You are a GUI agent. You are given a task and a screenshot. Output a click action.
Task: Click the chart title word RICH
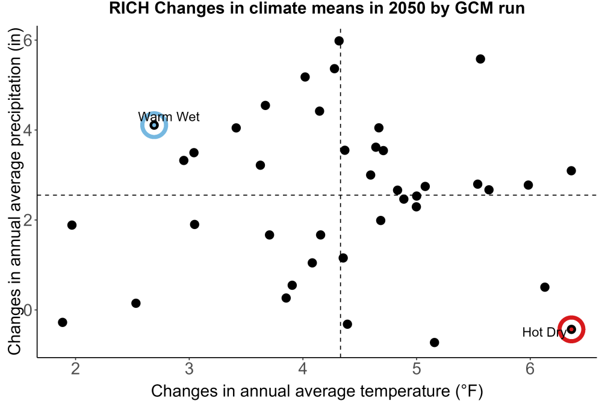pyautogui.click(x=129, y=8)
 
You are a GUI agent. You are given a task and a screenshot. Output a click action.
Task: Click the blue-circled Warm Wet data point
pyautogui.click(x=154, y=125)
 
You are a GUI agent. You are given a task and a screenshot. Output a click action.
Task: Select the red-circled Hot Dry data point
pyautogui.click(x=571, y=329)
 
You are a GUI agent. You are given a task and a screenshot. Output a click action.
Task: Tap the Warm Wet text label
pyautogui.click(x=169, y=117)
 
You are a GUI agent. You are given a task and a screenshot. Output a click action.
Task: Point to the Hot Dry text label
pyautogui.click(x=544, y=332)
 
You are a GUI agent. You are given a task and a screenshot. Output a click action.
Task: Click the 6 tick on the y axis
pyautogui.click(x=28, y=40)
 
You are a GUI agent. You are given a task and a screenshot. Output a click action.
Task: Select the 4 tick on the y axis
pyautogui.click(x=28, y=130)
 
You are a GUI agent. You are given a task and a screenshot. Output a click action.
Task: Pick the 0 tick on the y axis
pyautogui.click(x=28, y=310)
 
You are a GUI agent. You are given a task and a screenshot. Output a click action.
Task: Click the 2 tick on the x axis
pyautogui.click(x=75, y=369)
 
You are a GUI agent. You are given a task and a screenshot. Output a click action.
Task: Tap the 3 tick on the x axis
pyautogui.click(x=189, y=369)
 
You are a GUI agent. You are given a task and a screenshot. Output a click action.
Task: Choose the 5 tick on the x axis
pyautogui.click(x=416, y=369)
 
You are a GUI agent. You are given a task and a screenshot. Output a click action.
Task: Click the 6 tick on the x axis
pyautogui.click(x=530, y=369)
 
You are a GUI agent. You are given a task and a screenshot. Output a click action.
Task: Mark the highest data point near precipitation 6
pyautogui.click(x=338, y=41)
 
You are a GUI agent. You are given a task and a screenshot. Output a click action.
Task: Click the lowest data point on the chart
pyautogui.click(x=434, y=342)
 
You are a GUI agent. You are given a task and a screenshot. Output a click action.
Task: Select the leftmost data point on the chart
pyautogui.click(x=63, y=322)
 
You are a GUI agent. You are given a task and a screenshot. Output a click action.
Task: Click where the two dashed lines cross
pyautogui.click(x=341, y=195)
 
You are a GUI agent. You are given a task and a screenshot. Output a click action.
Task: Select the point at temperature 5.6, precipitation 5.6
pyautogui.click(x=480, y=59)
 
